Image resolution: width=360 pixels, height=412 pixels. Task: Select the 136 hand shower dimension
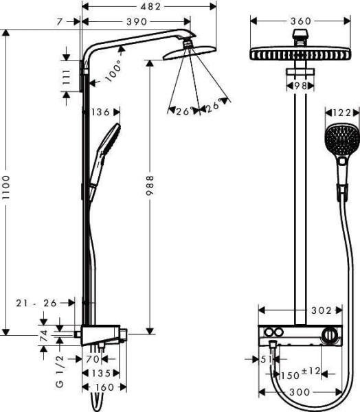click(x=100, y=111)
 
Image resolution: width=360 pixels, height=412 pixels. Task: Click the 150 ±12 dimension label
click(x=300, y=374)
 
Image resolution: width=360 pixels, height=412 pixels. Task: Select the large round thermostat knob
click(x=331, y=337)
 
